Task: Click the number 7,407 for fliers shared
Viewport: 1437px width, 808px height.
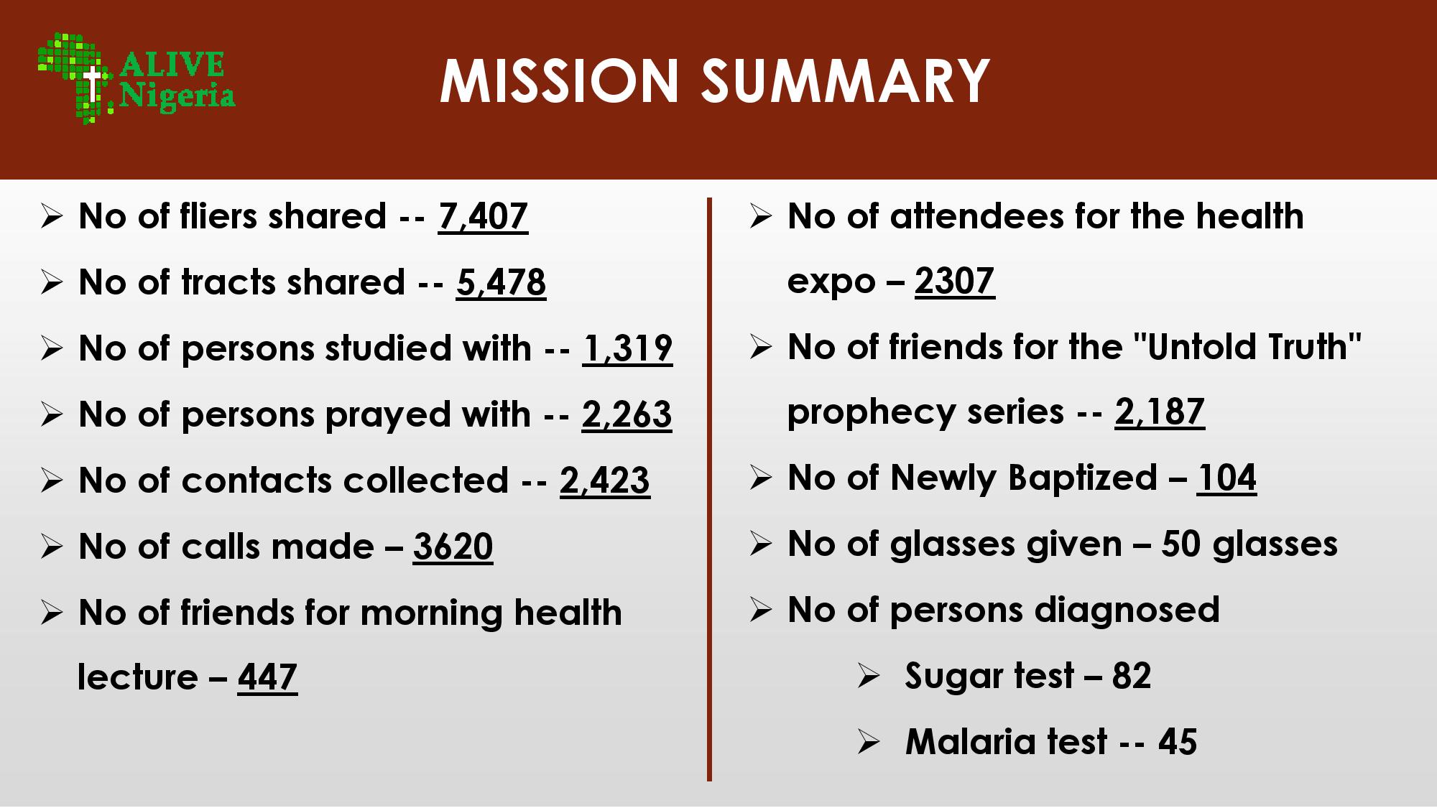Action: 483,216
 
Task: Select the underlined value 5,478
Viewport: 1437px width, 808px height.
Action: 501,282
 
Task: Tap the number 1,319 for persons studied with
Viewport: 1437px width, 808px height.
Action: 627,348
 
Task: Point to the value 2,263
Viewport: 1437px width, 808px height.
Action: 627,414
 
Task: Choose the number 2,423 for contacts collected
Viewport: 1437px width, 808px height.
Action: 605,480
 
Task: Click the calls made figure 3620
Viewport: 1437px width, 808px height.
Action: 453,547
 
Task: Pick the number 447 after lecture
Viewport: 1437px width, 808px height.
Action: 267,677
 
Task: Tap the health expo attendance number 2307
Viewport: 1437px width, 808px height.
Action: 955,281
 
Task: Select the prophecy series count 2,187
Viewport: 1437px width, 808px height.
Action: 1160,412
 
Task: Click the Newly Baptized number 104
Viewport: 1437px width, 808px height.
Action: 1226,478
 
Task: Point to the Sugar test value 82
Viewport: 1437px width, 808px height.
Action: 1132,676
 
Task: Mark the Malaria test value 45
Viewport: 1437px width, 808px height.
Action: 1178,742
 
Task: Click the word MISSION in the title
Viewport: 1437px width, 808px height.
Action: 560,80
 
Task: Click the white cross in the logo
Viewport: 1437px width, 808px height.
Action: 92,85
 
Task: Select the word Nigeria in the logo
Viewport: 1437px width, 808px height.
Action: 177,96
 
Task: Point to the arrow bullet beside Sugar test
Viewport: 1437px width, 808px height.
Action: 868,677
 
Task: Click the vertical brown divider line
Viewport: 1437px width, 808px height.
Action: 709,489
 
